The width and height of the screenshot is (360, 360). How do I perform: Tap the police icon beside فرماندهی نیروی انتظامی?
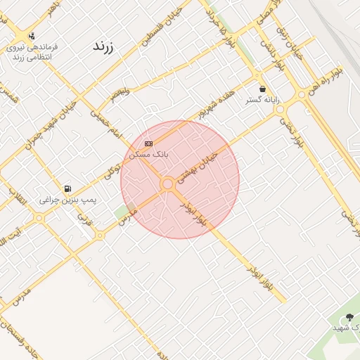click(31, 36)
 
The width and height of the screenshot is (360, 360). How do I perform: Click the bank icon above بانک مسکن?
click(148, 143)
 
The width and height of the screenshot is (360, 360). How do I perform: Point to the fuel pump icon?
click(67, 188)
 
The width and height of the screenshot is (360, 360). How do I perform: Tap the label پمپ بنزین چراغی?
click(67, 200)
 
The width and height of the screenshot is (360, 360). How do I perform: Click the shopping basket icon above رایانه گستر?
click(262, 89)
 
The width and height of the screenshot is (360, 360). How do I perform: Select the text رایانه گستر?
click(262, 101)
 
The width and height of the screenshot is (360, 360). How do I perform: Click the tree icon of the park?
click(350, 317)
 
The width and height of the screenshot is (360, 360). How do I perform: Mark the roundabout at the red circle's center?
click(167, 184)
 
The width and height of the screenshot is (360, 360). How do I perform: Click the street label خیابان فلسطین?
click(162, 27)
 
